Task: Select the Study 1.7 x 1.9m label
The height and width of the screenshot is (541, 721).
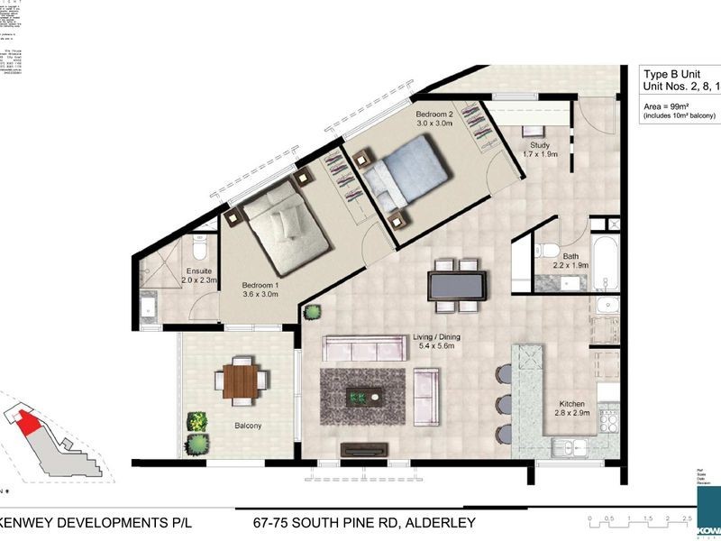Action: pyautogui.click(x=540, y=150)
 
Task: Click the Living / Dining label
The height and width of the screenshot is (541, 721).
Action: pyautogui.click(x=437, y=341)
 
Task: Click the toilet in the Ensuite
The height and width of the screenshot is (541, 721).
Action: pyautogui.click(x=198, y=245)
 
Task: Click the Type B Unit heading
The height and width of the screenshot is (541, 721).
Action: pyautogui.click(x=676, y=76)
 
